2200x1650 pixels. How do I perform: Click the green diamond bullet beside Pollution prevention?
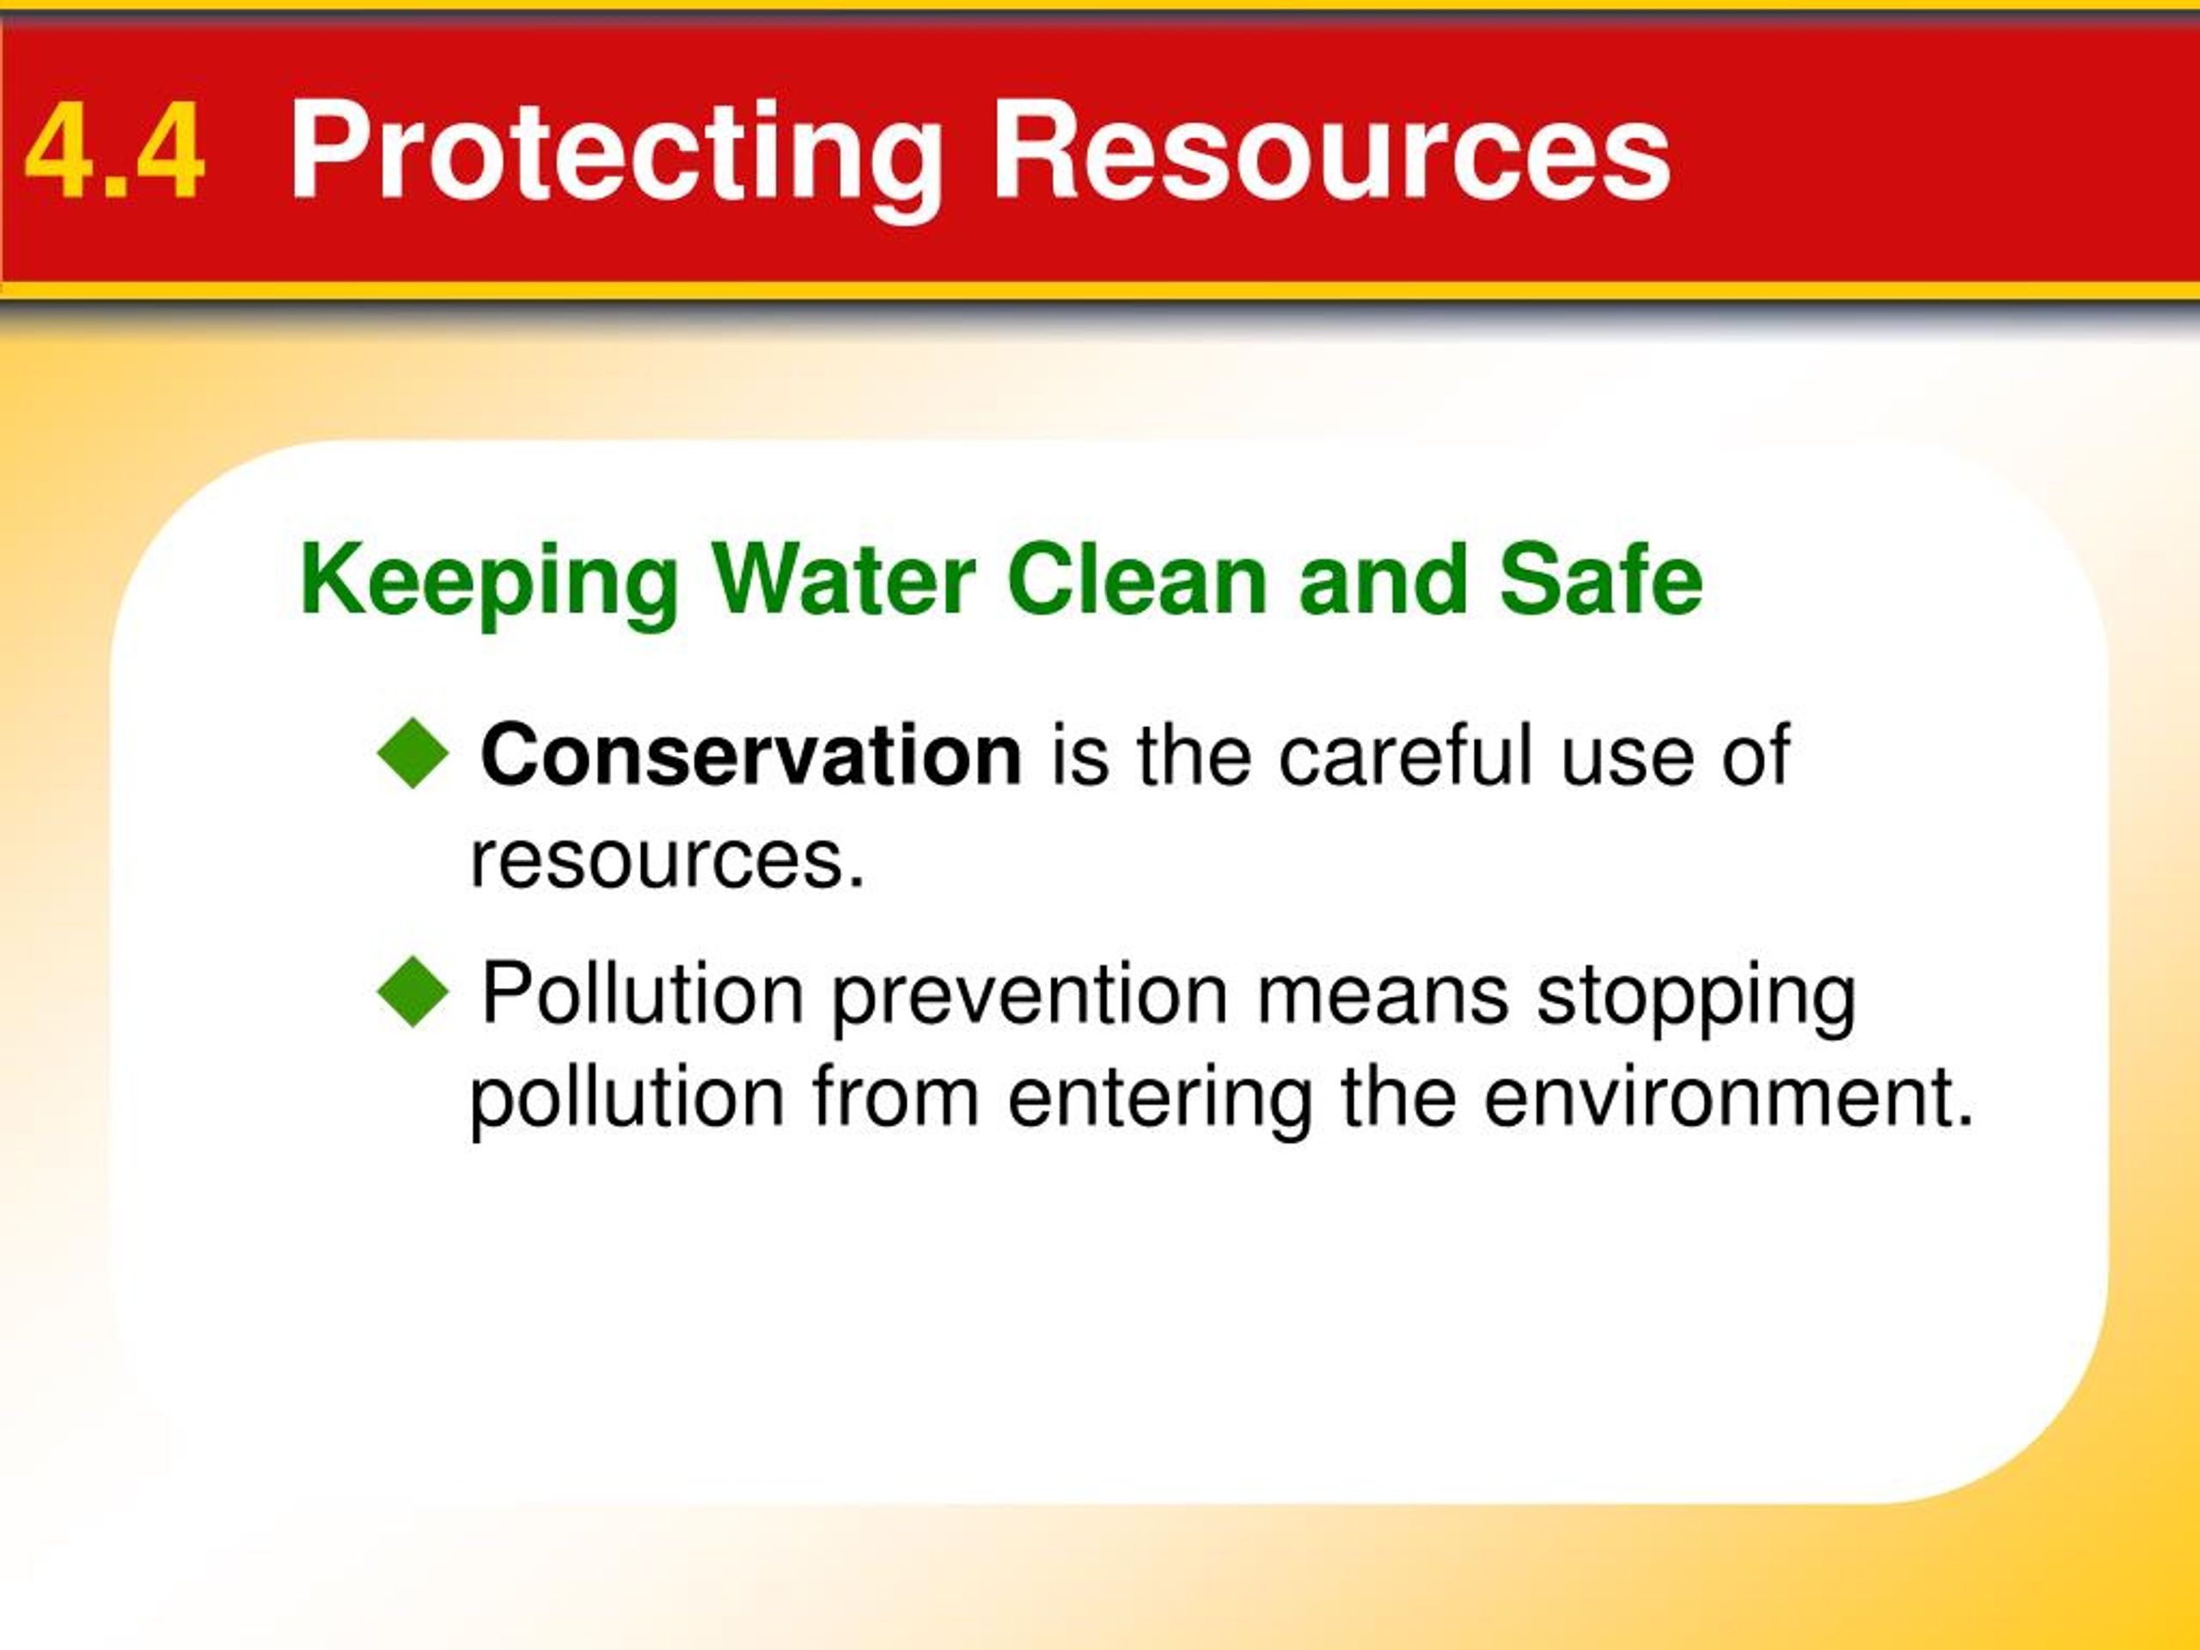(x=413, y=991)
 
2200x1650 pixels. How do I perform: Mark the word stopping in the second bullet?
(x=1696, y=998)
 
